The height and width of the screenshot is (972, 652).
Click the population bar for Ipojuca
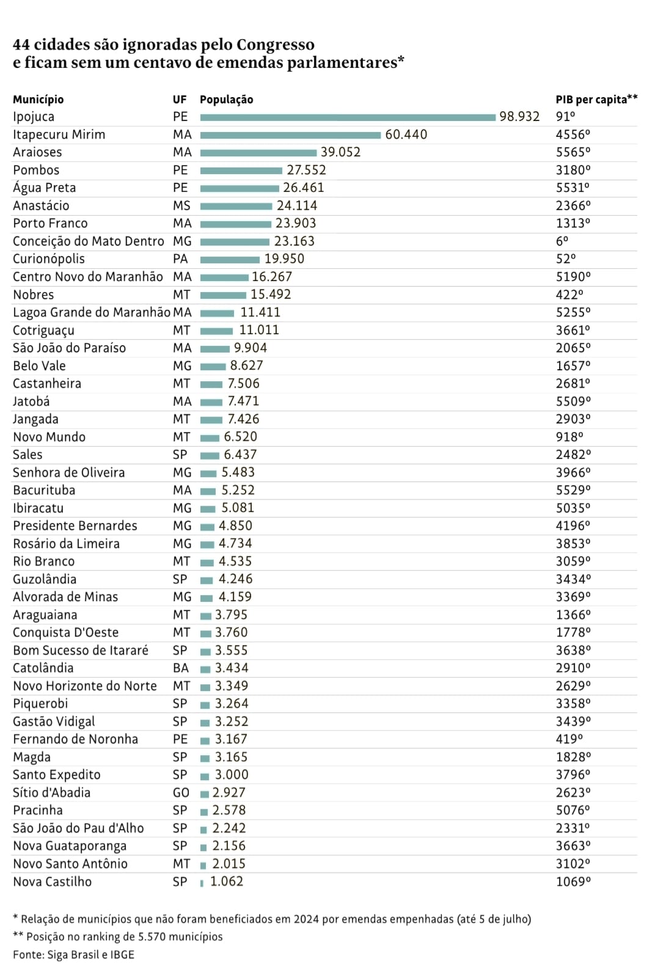(x=348, y=117)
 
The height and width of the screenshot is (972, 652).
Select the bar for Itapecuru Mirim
(x=290, y=135)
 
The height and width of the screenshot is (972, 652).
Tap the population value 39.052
(x=340, y=152)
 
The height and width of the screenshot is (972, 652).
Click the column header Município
(x=38, y=100)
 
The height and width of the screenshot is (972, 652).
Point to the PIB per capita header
(x=596, y=100)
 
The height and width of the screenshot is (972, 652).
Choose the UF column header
(x=180, y=100)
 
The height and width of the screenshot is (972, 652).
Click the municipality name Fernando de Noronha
(x=75, y=739)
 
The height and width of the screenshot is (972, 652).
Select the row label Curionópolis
(x=49, y=259)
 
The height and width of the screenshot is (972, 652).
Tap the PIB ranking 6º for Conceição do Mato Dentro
(x=562, y=241)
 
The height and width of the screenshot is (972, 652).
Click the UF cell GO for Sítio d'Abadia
(x=181, y=792)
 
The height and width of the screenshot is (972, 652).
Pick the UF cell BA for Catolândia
(x=181, y=668)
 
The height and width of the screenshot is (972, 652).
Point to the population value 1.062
(x=226, y=882)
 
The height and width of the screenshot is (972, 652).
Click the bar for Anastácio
(x=236, y=206)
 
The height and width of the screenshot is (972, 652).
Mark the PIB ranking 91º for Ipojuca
(x=565, y=117)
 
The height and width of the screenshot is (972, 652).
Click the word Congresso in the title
(x=275, y=45)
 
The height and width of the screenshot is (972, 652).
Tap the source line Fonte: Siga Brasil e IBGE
(x=73, y=954)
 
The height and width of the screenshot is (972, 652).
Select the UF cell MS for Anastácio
(x=181, y=206)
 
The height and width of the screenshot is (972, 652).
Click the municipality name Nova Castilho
(x=52, y=882)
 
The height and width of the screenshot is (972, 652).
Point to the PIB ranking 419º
(x=569, y=739)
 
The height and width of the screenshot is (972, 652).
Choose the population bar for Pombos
(x=241, y=170)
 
